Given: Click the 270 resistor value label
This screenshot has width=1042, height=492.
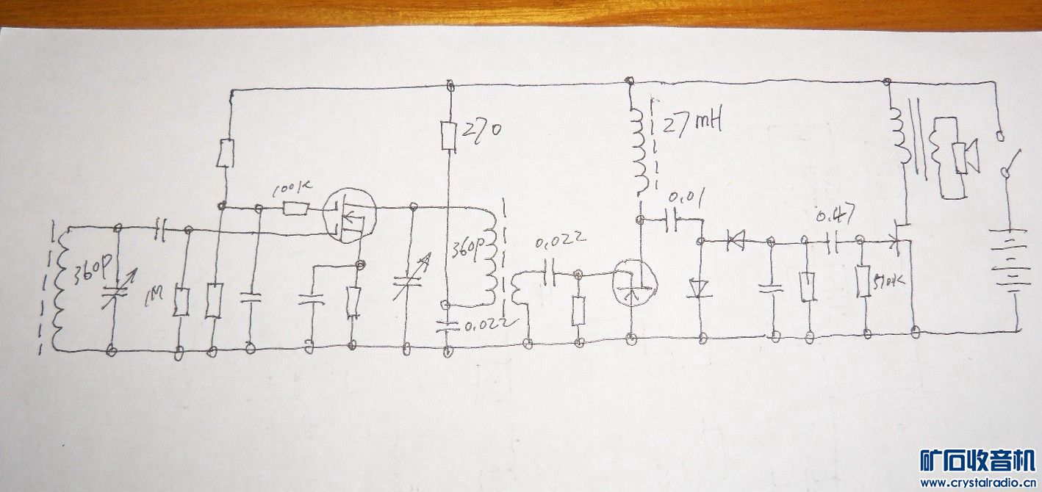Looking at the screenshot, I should (x=481, y=131).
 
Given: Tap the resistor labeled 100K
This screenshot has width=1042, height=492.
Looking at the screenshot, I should (x=296, y=209).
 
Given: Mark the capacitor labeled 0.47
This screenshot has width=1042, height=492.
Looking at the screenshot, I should (x=833, y=239).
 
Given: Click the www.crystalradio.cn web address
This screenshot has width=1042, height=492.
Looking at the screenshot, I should (x=977, y=482).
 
